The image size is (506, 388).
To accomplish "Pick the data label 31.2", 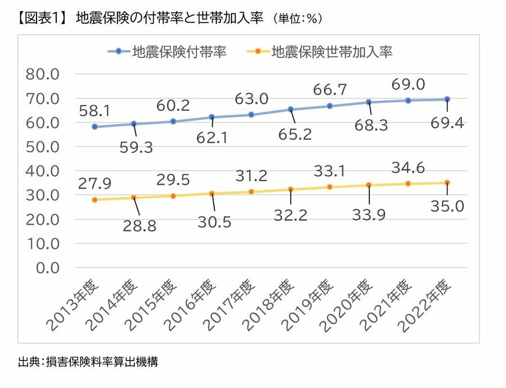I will coord(251,177).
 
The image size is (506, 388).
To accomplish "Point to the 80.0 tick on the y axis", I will coord(43,74).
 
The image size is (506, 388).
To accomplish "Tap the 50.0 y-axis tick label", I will coord(43,147).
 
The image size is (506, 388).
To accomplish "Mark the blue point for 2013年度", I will coord(95,127).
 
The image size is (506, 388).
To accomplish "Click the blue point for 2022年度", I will coord(447,99).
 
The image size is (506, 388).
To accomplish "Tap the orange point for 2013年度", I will coord(95,200).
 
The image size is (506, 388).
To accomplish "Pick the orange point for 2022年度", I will coord(447,182).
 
